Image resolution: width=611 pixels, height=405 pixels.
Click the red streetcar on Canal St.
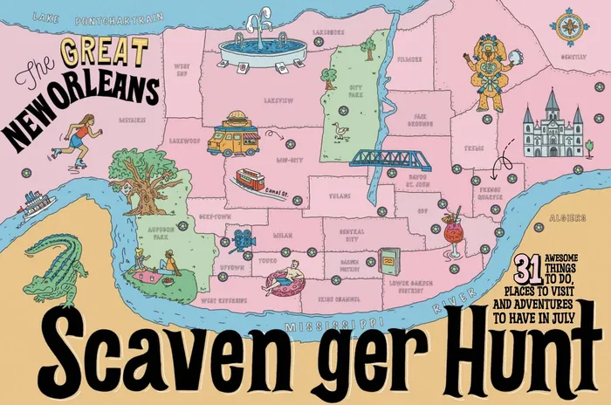pyautogui.click(x=251, y=181)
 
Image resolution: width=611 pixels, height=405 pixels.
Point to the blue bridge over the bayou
pyautogui.click(x=389, y=159)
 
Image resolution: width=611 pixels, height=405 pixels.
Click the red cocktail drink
pyautogui.click(x=454, y=232)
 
